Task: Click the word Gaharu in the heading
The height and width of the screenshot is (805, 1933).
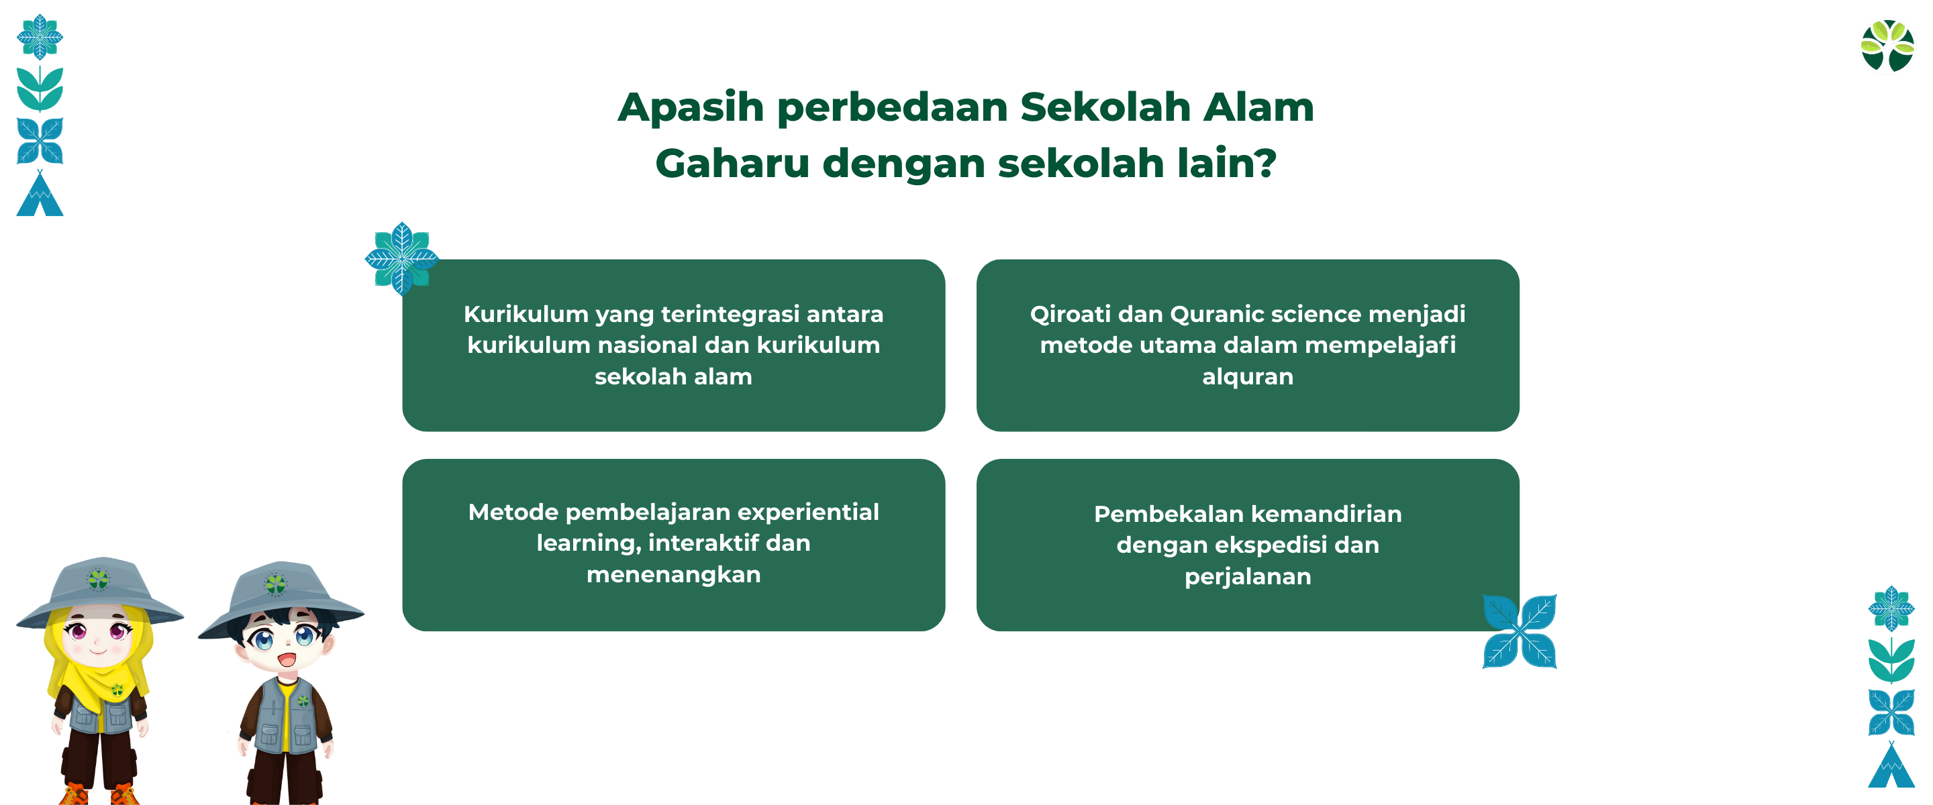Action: [732, 163]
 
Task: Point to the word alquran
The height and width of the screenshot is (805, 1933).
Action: [1247, 376]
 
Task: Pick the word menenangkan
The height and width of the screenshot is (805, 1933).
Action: [673, 575]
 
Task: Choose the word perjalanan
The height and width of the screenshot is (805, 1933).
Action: [1247, 577]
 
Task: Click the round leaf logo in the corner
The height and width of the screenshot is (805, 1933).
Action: [1887, 46]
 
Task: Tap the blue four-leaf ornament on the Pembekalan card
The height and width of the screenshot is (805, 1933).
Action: [1519, 631]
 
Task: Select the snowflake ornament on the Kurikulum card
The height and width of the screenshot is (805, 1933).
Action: [401, 258]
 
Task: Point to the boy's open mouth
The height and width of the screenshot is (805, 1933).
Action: [287, 660]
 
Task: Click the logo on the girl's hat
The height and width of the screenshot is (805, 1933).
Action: [98, 579]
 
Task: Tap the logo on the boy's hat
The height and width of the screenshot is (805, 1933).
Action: [275, 584]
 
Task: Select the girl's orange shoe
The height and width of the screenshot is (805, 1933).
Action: [74, 794]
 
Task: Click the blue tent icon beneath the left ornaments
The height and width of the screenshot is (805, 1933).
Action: [40, 194]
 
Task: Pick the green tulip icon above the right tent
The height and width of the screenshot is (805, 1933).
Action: [1891, 660]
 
